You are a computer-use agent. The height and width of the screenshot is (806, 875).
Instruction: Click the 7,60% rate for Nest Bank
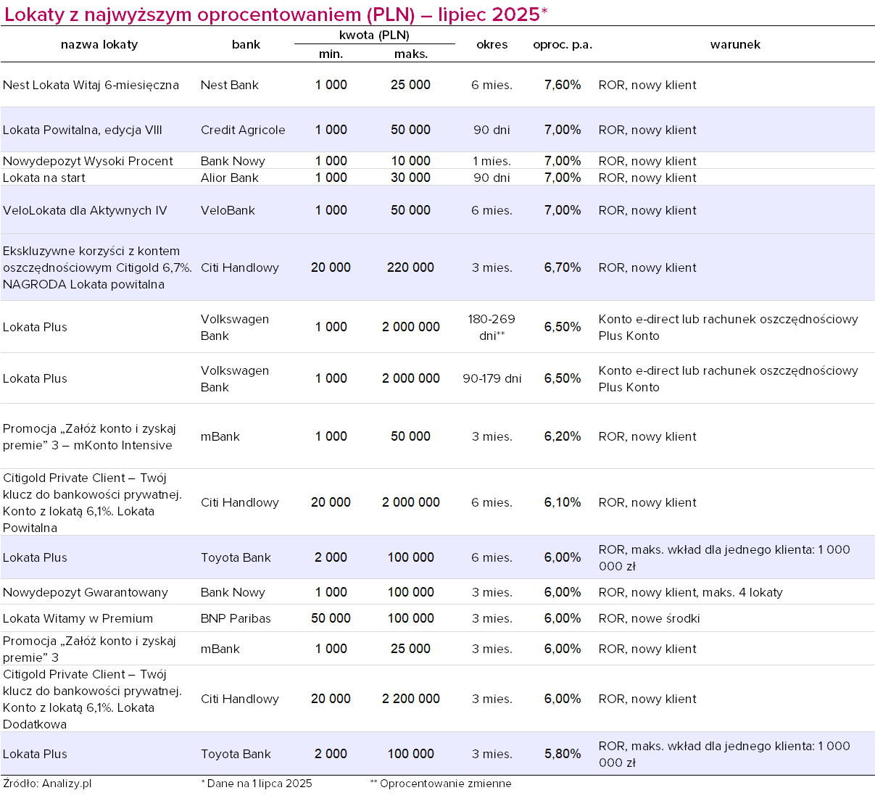click(563, 85)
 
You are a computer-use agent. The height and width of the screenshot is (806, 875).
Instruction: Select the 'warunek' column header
click(735, 44)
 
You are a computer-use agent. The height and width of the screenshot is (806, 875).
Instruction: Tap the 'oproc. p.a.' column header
click(563, 44)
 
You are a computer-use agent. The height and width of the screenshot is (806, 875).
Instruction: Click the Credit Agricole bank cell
click(243, 130)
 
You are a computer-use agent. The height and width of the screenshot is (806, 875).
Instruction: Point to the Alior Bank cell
click(229, 178)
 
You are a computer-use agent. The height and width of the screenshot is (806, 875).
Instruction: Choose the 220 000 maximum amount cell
click(410, 267)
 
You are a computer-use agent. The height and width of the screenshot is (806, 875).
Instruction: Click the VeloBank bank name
click(227, 210)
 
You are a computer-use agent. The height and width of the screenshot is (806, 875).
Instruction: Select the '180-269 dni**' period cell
click(492, 327)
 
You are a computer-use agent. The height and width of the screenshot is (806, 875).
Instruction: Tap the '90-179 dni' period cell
click(492, 378)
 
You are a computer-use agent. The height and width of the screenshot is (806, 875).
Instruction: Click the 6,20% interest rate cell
click(563, 436)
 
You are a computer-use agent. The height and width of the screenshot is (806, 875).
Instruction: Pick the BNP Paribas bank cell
click(236, 618)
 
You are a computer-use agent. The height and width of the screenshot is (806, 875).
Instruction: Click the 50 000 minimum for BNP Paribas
click(331, 618)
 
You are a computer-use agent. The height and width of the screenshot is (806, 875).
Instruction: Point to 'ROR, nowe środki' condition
click(649, 618)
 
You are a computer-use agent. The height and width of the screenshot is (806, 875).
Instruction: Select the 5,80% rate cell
click(563, 754)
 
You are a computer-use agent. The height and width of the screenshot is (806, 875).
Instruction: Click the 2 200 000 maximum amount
click(410, 699)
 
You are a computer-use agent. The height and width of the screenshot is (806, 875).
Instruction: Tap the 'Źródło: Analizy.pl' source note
click(47, 784)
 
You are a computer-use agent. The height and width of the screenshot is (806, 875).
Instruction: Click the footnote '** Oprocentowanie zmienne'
click(441, 784)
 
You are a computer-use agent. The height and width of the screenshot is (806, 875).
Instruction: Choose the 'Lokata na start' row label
click(44, 178)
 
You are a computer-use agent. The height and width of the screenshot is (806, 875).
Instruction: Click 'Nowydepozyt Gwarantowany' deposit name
click(85, 592)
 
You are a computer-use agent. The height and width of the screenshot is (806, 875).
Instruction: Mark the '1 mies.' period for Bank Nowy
click(492, 161)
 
